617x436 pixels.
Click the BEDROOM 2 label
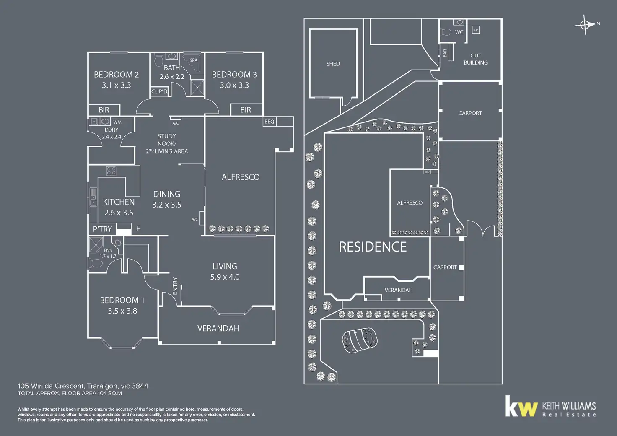116,75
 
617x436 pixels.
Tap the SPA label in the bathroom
193,60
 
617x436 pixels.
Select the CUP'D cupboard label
159,92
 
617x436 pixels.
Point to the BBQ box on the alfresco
269,122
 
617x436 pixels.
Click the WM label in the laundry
117,122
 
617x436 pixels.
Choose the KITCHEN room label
119,202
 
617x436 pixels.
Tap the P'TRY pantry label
102,229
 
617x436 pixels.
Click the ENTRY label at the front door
175,285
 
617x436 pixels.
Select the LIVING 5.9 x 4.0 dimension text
225,277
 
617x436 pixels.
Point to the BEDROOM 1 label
122,300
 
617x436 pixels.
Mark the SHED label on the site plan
333,64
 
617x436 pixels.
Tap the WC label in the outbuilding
459,32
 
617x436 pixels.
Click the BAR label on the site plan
445,53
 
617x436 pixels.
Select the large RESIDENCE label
373,247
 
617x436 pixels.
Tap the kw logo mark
521,406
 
